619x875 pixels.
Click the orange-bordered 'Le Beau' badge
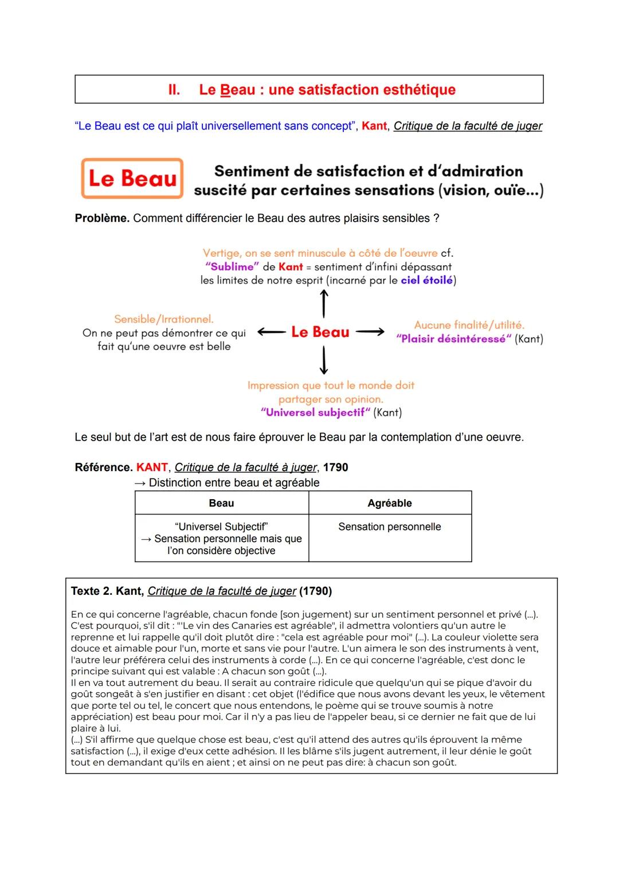point(132,178)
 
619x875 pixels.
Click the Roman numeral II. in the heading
point(174,90)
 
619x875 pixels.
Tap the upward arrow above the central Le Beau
point(324,303)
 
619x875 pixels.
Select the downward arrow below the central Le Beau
point(324,360)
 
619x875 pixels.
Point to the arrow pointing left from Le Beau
point(272,332)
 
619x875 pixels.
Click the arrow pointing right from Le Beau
point(370,332)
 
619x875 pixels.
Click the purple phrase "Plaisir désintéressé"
point(453,339)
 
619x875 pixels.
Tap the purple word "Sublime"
point(232,267)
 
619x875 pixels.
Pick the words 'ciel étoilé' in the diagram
point(427,280)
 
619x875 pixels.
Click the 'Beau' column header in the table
point(221,503)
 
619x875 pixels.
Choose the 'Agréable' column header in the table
point(390,503)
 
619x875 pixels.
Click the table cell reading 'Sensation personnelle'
point(390,527)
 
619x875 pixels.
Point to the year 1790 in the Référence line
point(335,468)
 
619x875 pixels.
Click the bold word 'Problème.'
point(102,218)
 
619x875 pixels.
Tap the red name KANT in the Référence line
point(152,468)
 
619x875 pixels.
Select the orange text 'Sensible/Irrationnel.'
point(164,319)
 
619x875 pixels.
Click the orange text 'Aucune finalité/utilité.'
point(469,325)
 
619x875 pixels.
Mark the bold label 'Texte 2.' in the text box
point(92,591)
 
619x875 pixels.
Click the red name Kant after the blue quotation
point(374,126)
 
